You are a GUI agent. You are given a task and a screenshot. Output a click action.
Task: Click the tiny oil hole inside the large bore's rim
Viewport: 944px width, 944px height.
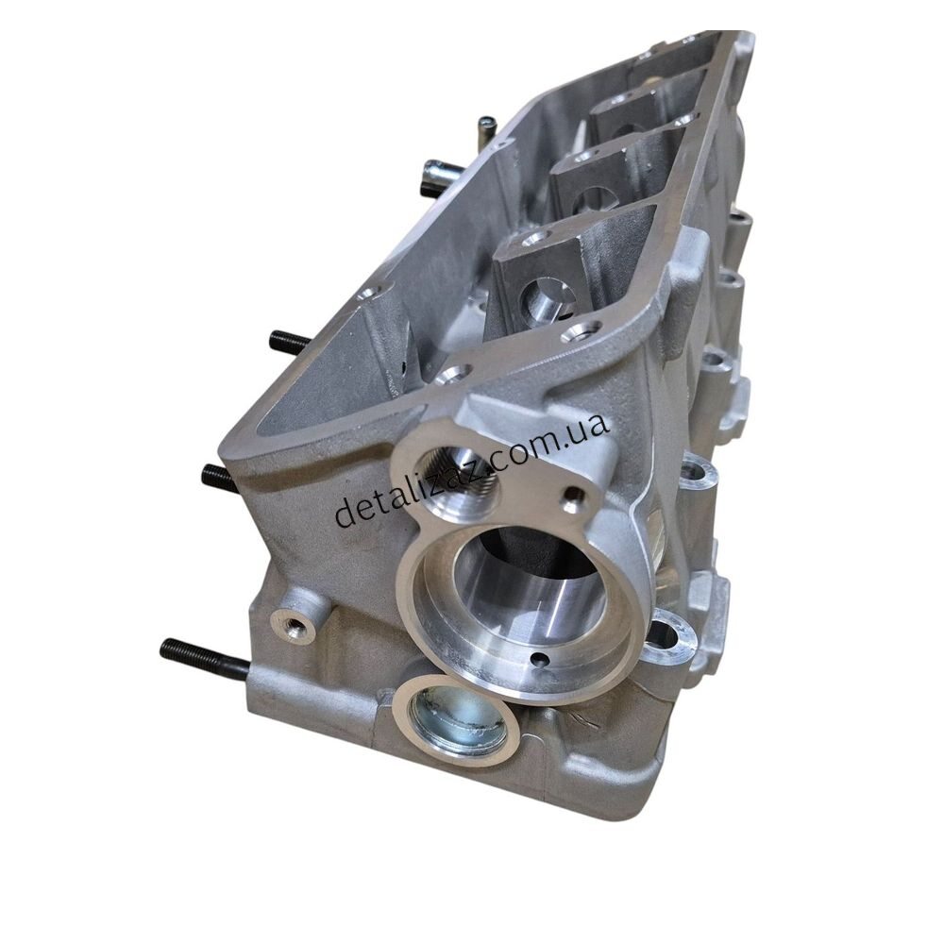click(539, 658)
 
